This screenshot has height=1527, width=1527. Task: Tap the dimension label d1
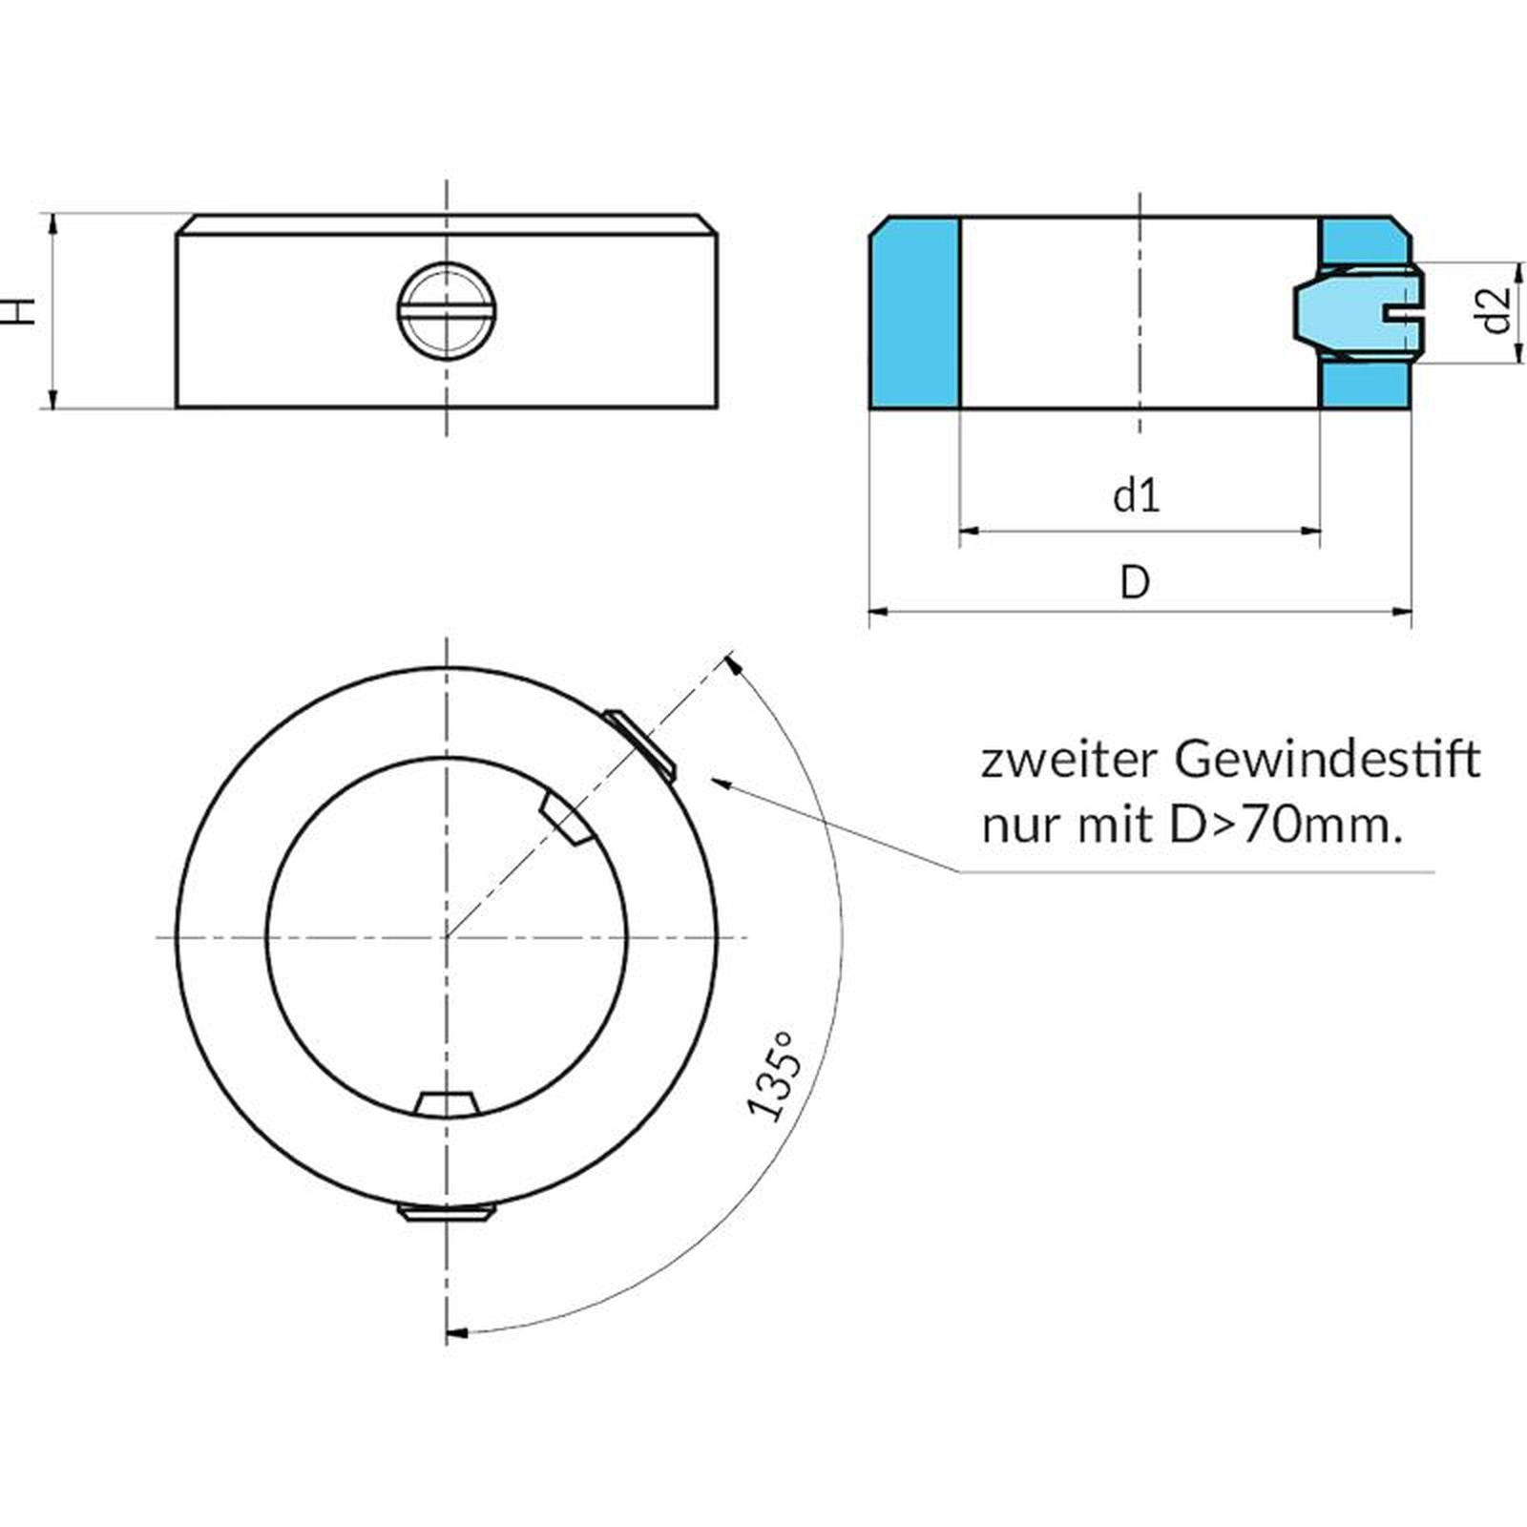[x=1137, y=496]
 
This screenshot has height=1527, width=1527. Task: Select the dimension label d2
[x=1498, y=310]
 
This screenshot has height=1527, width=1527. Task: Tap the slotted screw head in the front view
[x=446, y=310]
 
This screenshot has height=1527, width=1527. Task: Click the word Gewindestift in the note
[x=1328, y=761]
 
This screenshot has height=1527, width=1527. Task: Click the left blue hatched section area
[x=914, y=313]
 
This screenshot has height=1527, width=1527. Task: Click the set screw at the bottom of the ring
[x=446, y=1213]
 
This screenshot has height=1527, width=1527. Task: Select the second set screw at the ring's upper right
[x=641, y=741]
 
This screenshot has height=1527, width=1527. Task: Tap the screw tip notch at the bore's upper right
[x=565, y=819]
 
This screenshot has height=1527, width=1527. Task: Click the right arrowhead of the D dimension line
[x=1405, y=611]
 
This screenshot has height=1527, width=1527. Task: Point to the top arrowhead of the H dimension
[x=52, y=221]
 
